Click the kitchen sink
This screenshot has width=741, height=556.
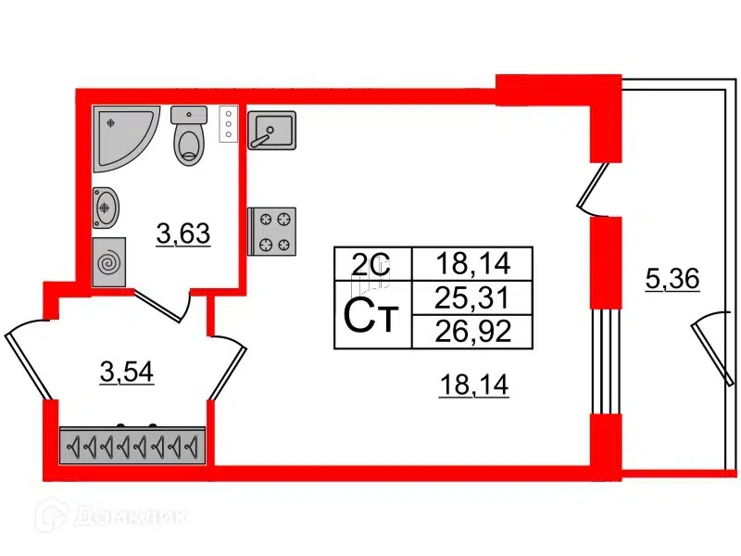coord(272,130)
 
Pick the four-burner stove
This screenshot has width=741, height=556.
coord(272,231)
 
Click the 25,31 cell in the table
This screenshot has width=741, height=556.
coord(473,297)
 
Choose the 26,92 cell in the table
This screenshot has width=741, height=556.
coord(473,330)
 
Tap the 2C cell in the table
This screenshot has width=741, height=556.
coord(372,264)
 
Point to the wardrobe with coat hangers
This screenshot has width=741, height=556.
coord(132,447)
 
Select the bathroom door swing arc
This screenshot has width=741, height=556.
coord(167,303)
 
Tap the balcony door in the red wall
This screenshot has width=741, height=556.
coord(593,190)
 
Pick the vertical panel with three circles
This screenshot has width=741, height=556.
coord(225,124)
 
